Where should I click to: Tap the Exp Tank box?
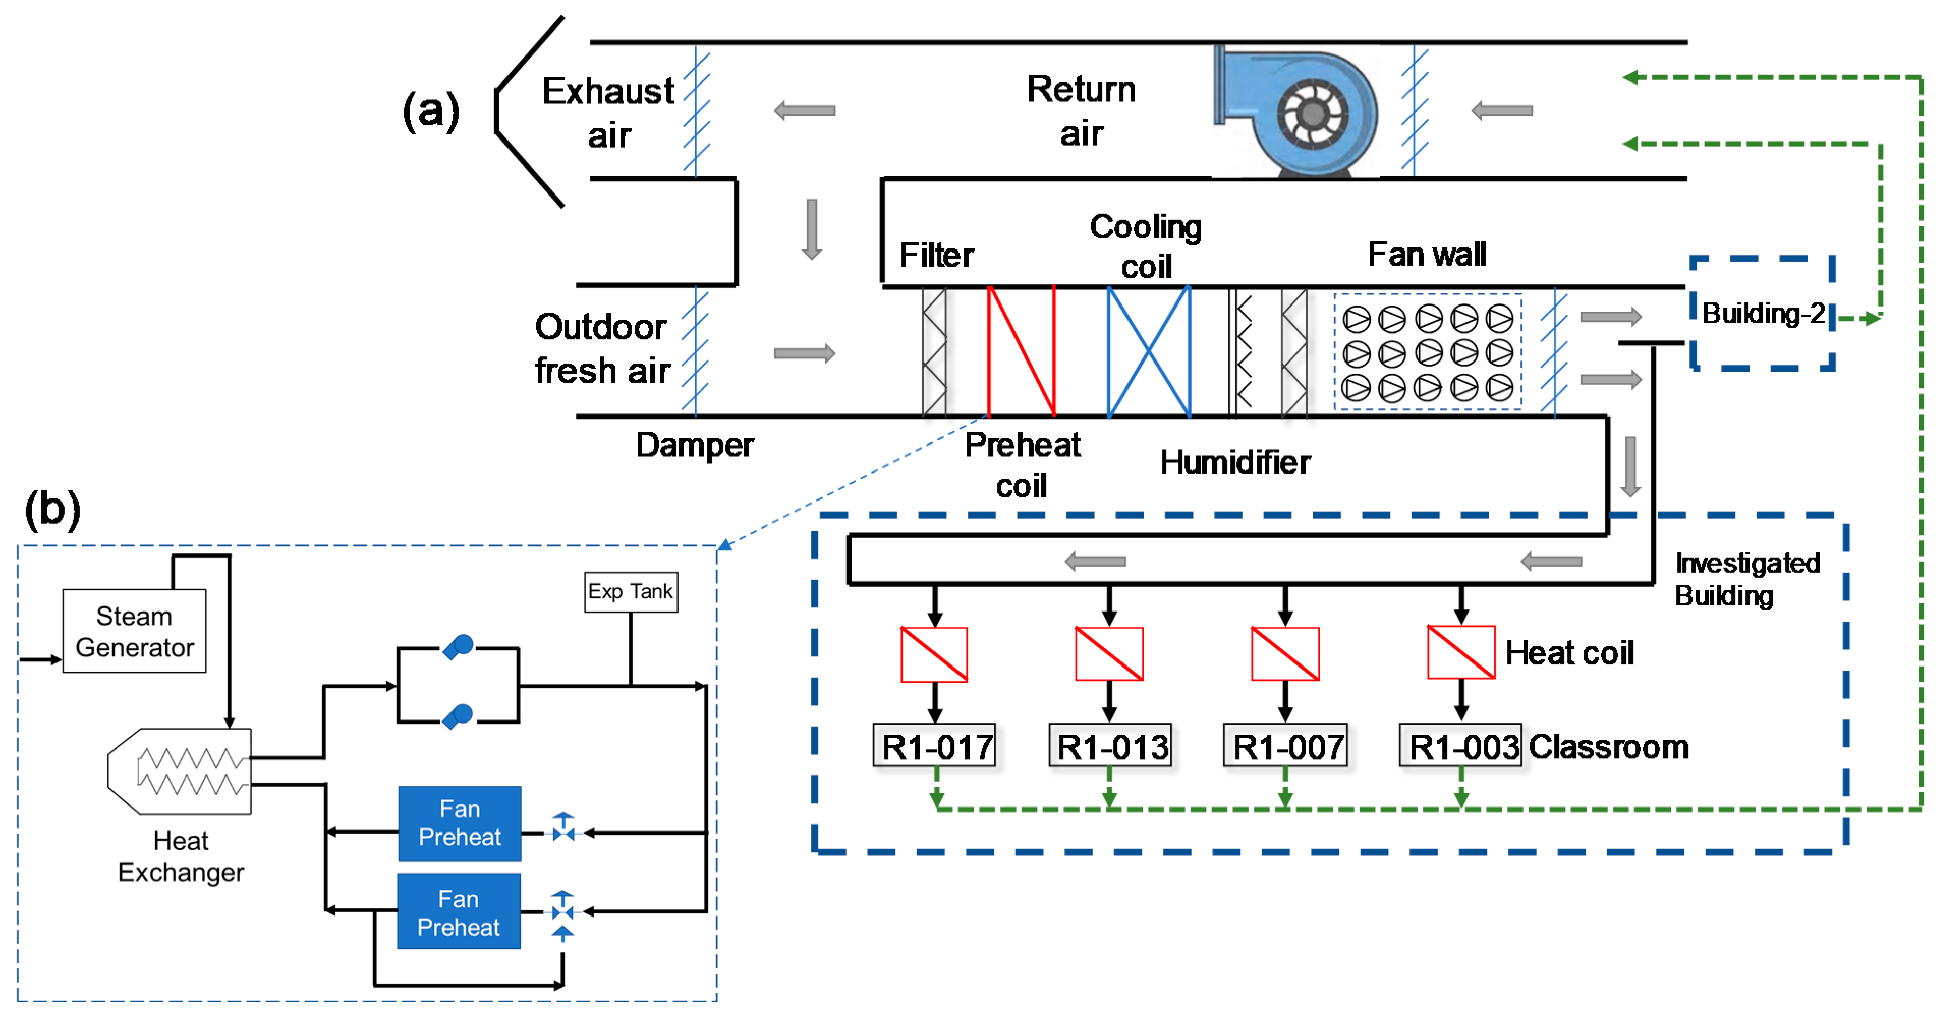click(x=631, y=592)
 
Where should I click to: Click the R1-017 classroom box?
click(x=935, y=746)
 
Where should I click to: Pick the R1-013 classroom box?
click(x=1111, y=746)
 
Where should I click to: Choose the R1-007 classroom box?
click(x=1286, y=746)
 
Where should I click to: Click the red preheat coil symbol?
click(x=1021, y=351)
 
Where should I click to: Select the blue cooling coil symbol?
click(x=1149, y=351)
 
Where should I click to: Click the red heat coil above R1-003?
click(x=1461, y=653)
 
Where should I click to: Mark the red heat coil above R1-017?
click(x=935, y=654)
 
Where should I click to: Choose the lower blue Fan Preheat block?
click(x=459, y=912)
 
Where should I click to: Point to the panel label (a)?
click(x=431, y=111)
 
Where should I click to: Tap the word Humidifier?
click(x=1235, y=462)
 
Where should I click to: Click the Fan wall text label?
click(x=1427, y=255)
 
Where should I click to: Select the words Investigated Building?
click(x=1746, y=579)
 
